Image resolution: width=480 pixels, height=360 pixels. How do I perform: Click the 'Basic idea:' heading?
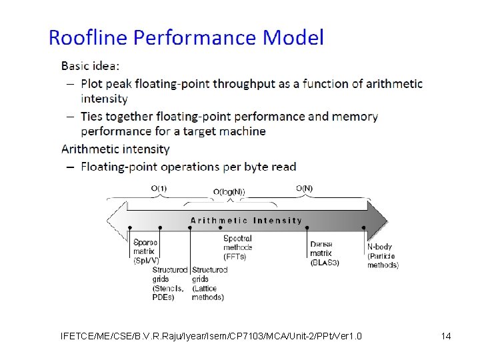91,66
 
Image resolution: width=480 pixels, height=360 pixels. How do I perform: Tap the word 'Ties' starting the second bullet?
93,117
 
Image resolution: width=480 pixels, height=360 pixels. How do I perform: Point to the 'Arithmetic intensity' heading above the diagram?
115,149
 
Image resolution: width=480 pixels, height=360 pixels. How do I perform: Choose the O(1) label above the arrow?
159,189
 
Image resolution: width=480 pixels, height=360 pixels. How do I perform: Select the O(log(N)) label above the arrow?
229,192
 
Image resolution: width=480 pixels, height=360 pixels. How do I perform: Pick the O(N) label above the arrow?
303,189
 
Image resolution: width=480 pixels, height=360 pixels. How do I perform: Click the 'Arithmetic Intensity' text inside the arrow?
246,220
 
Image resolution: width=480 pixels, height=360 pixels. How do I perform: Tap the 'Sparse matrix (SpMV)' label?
146,251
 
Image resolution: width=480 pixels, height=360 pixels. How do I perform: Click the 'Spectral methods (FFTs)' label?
238,247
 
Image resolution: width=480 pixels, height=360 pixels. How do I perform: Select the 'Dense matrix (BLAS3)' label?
325,253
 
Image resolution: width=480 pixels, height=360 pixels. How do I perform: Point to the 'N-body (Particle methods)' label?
383,256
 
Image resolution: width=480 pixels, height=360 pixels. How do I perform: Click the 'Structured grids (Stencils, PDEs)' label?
169,283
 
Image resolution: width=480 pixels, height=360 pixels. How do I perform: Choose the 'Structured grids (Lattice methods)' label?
209,283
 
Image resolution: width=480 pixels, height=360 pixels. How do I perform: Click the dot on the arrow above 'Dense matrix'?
307,227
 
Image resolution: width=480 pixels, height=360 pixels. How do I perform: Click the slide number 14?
446,336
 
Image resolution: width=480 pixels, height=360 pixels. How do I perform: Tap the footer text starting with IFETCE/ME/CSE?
211,336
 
